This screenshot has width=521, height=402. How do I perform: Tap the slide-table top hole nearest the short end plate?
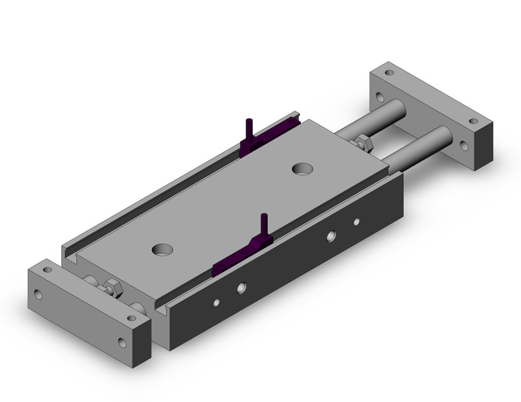pos(163,250)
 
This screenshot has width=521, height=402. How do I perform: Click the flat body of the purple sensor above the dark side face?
pos(237,257)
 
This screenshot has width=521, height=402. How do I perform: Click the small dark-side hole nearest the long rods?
pos(356,221)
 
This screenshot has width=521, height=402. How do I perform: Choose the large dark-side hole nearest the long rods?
pos(331,236)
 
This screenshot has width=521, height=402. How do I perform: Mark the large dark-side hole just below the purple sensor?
pos(241,288)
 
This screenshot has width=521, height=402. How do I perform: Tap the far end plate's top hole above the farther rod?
pos(389,72)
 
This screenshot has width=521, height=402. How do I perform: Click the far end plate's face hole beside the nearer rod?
pos(463,145)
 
